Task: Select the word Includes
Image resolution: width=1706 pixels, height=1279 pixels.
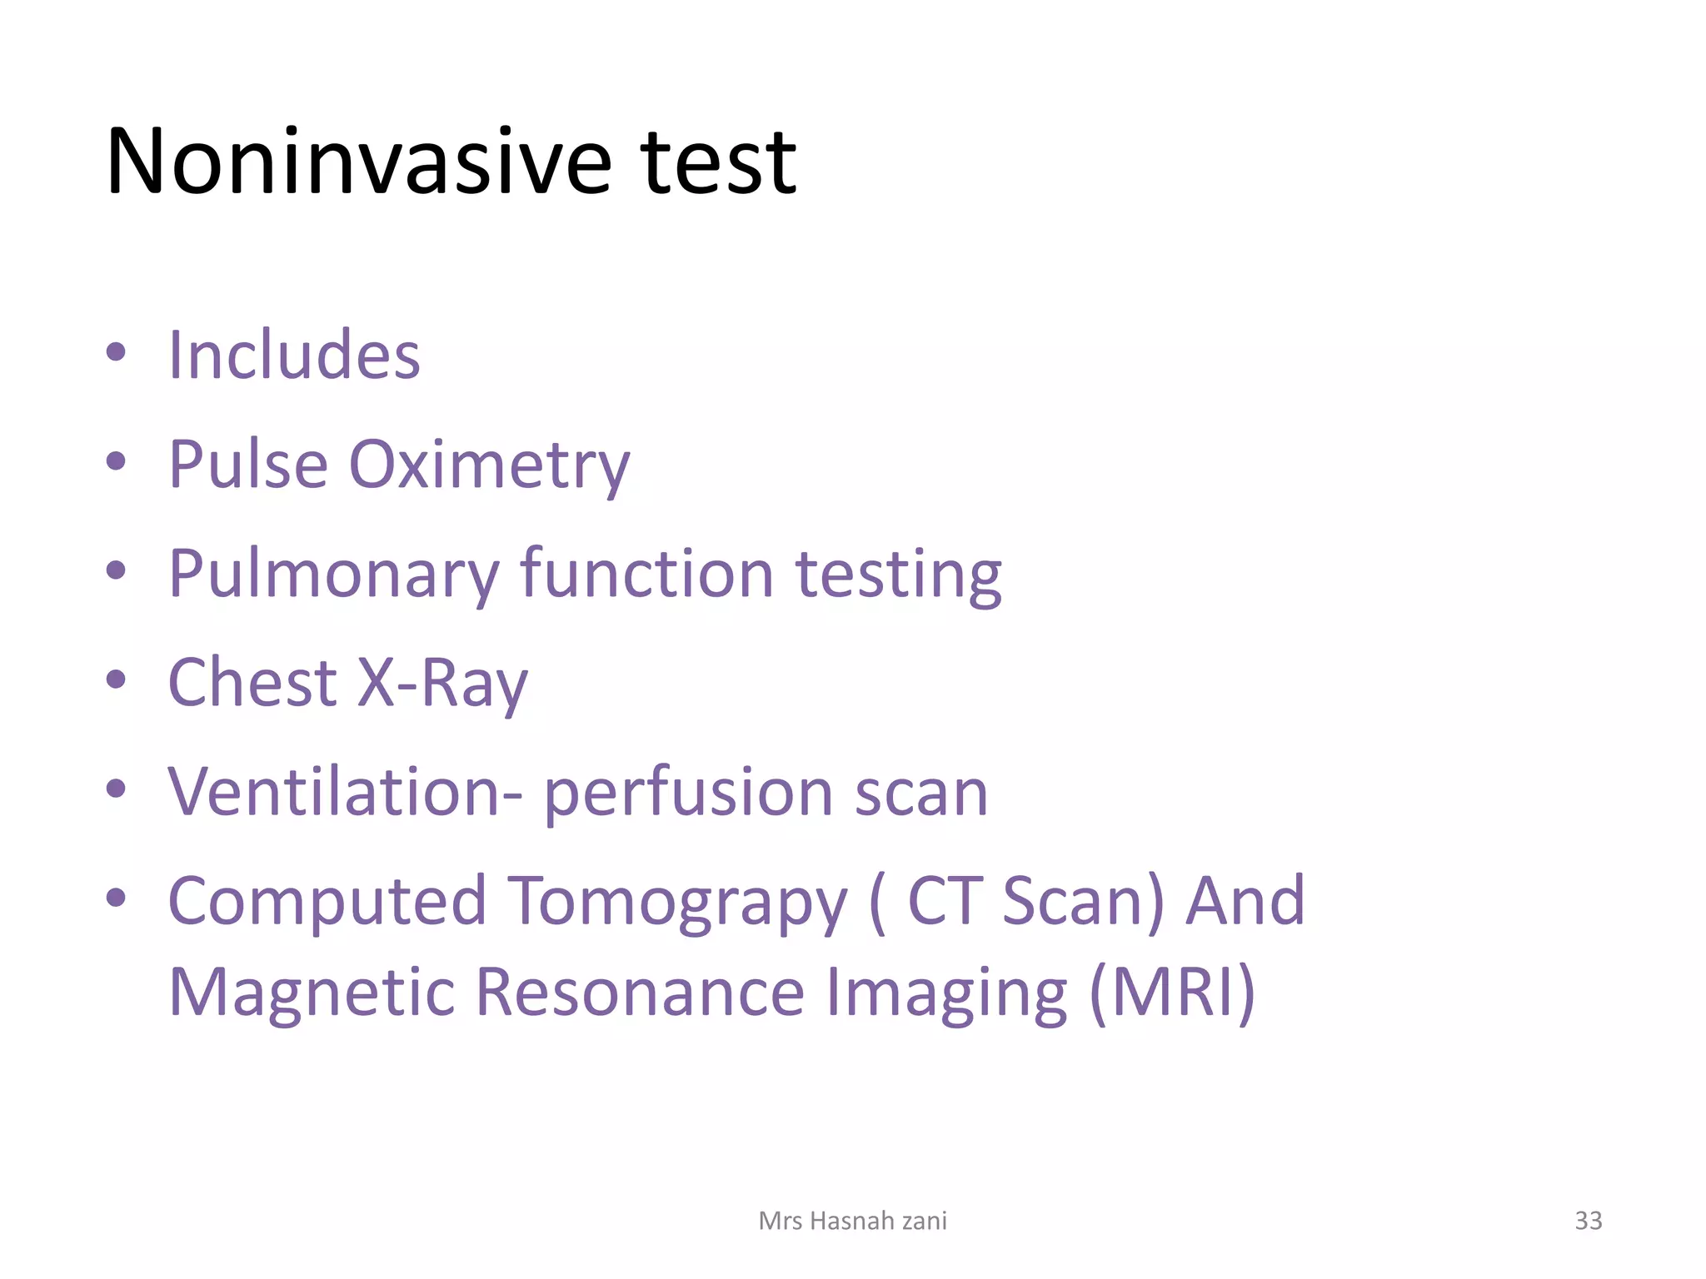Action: [294, 356]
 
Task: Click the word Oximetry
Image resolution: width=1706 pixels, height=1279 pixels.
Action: [489, 465]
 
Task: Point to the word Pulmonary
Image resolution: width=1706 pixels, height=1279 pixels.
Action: [334, 575]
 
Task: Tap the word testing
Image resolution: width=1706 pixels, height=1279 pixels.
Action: [899, 575]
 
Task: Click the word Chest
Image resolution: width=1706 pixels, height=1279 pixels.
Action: [252, 683]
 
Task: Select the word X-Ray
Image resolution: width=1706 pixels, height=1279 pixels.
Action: [443, 683]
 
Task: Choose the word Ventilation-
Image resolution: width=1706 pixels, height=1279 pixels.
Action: [345, 791]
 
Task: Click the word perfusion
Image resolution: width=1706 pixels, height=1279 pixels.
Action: [688, 793]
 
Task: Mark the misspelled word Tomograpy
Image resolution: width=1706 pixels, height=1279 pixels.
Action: [677, 902]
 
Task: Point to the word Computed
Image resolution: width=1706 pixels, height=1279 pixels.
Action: [327, 902]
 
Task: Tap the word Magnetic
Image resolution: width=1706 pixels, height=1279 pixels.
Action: [312, 993]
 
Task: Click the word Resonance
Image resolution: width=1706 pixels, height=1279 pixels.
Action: [641, 993]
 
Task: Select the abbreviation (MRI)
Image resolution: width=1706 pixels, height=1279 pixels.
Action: [1172, 993]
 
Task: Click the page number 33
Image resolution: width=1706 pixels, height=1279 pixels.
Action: [1588, 1221]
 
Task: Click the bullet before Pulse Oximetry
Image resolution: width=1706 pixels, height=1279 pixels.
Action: [116, 460]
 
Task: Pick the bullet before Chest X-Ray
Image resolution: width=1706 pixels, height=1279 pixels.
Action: [116, 679]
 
